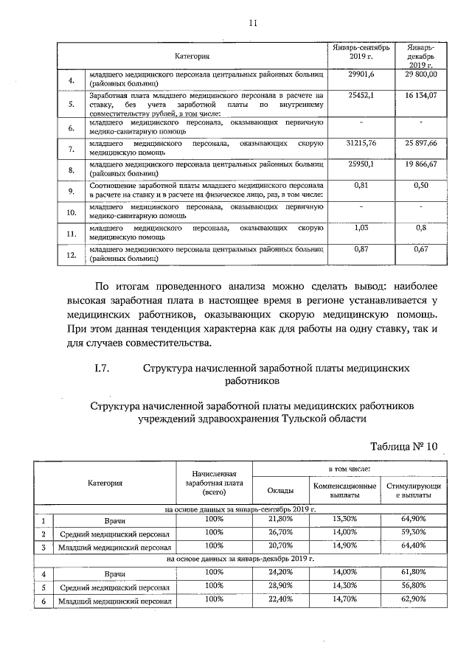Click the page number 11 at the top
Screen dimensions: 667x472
(251, 23)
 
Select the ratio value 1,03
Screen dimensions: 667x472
(361, 228)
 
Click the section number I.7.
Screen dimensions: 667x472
(97, 370)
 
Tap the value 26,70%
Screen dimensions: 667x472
(281, 532)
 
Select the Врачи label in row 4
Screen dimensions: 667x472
(116, 573)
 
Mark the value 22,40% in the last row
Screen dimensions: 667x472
(281, 599)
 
